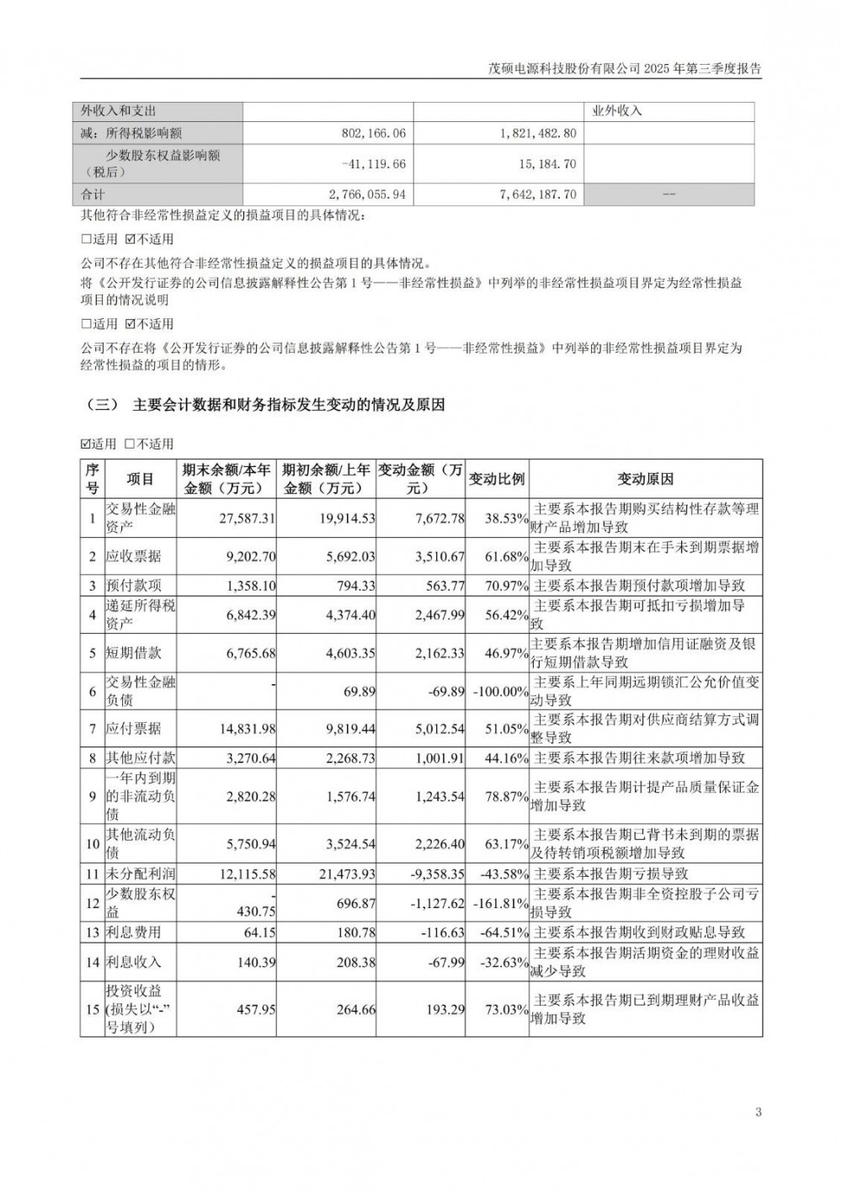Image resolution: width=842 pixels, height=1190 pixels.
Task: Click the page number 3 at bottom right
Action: pyautogui.click(x=759, y=1113)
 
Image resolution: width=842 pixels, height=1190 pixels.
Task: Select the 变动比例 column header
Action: pyautogui.click(x=497, y=479)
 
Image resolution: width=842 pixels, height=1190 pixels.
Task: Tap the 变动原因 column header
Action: pyautogui.click(x=646, y=479)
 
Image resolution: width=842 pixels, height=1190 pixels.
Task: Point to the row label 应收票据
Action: pyautogui.click(x=133, y=556)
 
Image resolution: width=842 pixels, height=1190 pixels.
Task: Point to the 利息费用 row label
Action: pyautogui.click(x=133, y=932)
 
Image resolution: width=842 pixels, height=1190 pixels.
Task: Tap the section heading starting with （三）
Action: pyautogui.click(x=264, y=405)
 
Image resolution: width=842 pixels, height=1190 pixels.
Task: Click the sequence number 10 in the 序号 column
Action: pyautogui.click(x=92, y=842)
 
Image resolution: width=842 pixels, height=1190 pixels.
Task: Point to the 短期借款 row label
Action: pyautogui.click(x=133, y=653)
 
